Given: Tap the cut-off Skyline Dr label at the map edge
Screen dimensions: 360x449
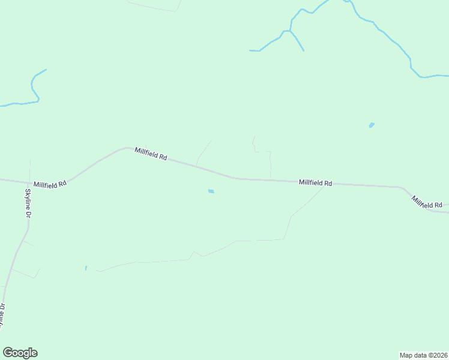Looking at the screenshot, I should tap(2, 316).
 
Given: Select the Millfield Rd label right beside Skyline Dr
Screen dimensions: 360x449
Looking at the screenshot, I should tap(50, 185).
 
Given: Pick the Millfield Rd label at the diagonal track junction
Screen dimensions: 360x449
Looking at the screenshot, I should tap(315, 182).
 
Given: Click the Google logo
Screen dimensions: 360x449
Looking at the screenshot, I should tap(20, 353).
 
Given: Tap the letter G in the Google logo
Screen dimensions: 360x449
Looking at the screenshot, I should tap(8, 353).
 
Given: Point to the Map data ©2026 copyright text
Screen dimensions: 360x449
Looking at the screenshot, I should tap(424, 355).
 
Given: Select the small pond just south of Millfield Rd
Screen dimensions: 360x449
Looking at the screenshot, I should tap(211, 191).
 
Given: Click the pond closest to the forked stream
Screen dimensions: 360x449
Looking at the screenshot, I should tap(372, 125).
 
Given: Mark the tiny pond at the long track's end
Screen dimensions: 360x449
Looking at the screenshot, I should tap(86, 268).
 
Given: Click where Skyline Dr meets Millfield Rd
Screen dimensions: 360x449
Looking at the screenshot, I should tap(29, 182).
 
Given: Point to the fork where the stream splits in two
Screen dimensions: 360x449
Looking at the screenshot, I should tap(290, 30).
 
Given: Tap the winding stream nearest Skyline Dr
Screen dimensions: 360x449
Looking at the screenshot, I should tap(34, 87).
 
